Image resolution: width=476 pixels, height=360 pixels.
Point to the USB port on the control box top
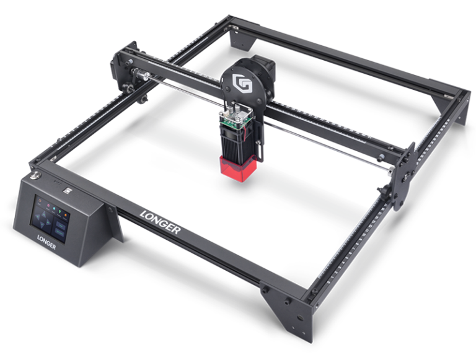(x=66, y=183)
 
